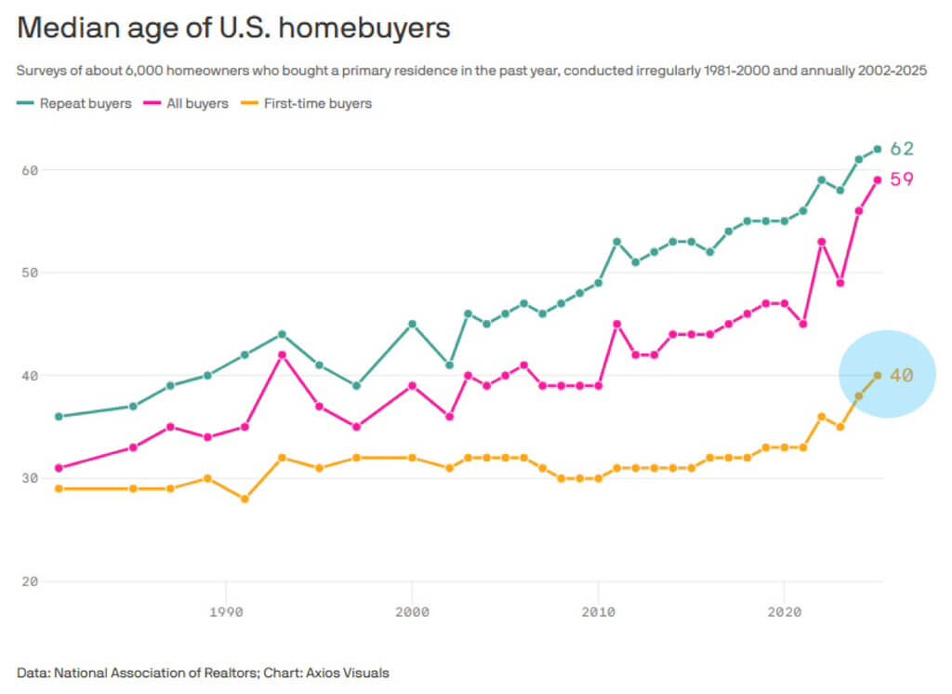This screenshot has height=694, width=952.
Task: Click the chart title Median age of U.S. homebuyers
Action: coord(233,27)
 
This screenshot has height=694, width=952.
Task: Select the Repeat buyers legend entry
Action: coord(85,103)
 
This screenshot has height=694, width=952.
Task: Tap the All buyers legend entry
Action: coord(194,103)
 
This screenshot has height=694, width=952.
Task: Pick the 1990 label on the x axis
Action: coord(225,612)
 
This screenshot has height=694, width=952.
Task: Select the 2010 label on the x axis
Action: coord(598,612)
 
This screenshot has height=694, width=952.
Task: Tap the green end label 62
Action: coord(902,149)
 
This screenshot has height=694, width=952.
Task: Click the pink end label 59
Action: coord(902,180)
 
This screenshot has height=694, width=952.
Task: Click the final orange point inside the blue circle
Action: coord(877,375)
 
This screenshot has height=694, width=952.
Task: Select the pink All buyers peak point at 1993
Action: coord(282,354)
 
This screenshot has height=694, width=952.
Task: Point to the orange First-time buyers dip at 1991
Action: coord(245,499)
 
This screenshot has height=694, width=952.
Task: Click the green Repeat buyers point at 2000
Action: coord(412,324)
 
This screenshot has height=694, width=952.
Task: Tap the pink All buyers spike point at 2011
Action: coord(616,324)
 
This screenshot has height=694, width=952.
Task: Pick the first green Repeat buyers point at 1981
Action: coord(59,417)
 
